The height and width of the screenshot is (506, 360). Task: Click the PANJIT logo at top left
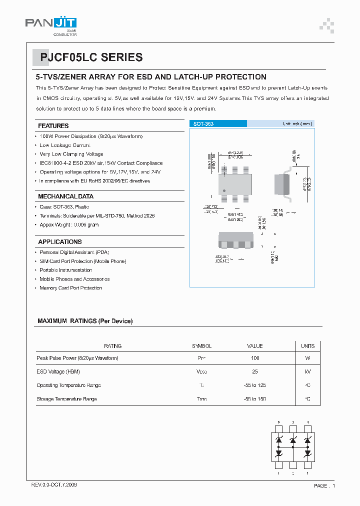[x=50, y=23]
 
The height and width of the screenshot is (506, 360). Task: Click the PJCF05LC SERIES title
[x=88, y=57]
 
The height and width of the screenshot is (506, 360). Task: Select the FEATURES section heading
[x=53, y=125]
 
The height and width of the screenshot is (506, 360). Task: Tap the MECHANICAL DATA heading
[x=65, y=196]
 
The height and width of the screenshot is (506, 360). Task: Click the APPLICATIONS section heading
[x=60, y=242]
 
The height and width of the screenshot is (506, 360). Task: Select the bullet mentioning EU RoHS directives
[x=94, y=181]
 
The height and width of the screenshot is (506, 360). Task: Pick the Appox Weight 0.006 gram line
[x=69, y=225]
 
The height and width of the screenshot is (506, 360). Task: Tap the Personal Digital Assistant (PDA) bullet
[x=74, y=252]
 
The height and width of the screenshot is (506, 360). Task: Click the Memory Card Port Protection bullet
[x=70, y=288]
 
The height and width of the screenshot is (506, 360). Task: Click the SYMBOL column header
[x=201, y=346]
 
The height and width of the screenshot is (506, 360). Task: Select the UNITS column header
[x=307, y=346]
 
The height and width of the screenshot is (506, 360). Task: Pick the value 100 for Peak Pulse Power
[x=255, y=358]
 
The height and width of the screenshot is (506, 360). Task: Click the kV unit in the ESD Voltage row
[x=307, y=372]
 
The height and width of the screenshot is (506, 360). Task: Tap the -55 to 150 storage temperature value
[x=255, y=399]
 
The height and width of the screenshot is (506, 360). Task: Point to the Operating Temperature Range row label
[x=68, y=385]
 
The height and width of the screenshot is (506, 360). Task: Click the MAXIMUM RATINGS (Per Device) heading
[x=85, y=321]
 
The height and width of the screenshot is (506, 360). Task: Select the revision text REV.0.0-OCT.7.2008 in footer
[x=54, y=485]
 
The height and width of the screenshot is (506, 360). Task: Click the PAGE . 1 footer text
[x=324, y=485]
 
